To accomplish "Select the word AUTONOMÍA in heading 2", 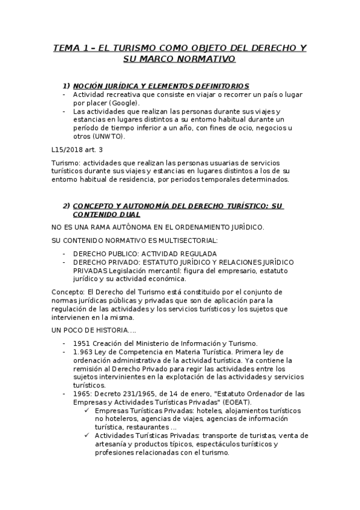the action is pyautogui.click(x=146, y=206).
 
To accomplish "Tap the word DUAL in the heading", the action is pyautogui.click(x=128, y=214).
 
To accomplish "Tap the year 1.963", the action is pyautogui.click(x=84, y=352).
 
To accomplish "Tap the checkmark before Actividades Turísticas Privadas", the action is pyautogui.click(x=88, y=435).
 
